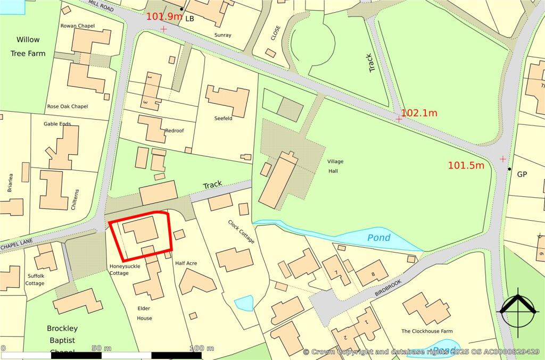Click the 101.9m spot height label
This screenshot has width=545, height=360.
pyautogui.click(x=164, y=16)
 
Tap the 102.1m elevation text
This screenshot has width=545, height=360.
pyautogui.click(x=419, y=113)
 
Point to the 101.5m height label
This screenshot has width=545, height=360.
pyautogui.click(x=466, y=165)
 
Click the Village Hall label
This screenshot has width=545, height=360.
pyautogui.click(x=333, y=166)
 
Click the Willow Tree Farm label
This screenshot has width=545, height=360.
pyautogui.click(x=28, y=47)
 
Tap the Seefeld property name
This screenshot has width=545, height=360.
pyautogui.click(x=223, y=119)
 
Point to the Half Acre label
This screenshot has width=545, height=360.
pyautogui.click(x=186, y=263)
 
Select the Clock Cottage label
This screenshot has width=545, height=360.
pyautogui.click(x=241, y=232)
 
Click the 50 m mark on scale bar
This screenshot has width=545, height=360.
pyautogui.click(x=101, y=348)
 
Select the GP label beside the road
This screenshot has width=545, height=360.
pyautogui.click(x=522, y=174)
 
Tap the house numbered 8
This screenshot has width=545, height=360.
pyautogui.click(x=372, y=273)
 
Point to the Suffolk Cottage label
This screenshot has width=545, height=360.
pyautogui.click(x=35, y=280)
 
